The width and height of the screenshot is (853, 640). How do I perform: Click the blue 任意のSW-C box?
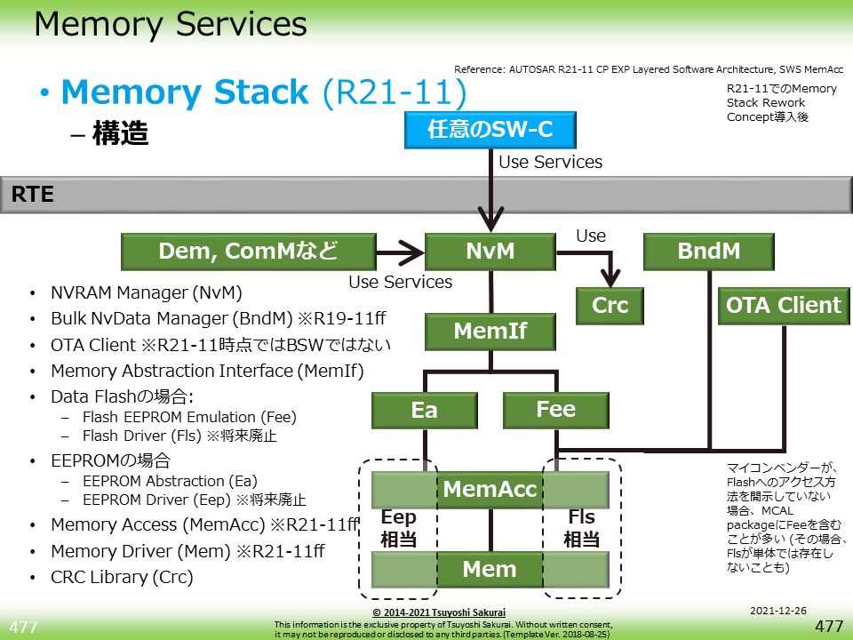pyautogui.click(x=490, y=131)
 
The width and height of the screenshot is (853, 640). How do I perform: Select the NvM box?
pyautogui.click(x=490, y=252)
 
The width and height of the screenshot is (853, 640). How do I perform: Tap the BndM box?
pyautogui.click(x=708, y=252)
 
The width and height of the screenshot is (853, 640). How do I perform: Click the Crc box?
pyautogui.click(x=610, y=306)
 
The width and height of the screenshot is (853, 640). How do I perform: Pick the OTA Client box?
pyautogui.click(x=783, y=306)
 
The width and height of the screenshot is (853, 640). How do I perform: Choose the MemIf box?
pyautogui.click(x=490, y=332)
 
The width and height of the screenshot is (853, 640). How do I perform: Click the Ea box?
pyautogui.click(x=424, y=411)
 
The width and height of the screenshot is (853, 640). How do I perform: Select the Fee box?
pyautogui.click(x=556, y=410)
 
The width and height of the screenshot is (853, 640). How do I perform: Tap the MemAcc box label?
pyautogui.click(x=490, y=489)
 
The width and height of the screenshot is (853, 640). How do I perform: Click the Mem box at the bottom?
pyautogui.click(x=490, y=570)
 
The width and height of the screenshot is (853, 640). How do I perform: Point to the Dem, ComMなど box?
pyautogui.click(x=248, y=252)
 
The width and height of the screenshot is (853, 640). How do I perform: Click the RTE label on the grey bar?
pyautogui.click(x=33, y=195)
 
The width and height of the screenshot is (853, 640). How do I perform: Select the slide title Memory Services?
pyautogui.click(x=171, y=25)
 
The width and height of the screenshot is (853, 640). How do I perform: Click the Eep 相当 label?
pyautogui.click(x=398, y=529)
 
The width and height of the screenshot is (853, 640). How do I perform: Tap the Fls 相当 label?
pyautogui.click(x=581, y=529)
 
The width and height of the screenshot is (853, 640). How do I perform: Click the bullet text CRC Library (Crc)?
pyautogui.click(x=122, y=577)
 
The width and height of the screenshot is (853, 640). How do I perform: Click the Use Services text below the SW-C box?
pyautogui.click(x=550, y=162)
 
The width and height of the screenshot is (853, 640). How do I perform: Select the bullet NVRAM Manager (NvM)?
pyautogui.click(x=147, y=292)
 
